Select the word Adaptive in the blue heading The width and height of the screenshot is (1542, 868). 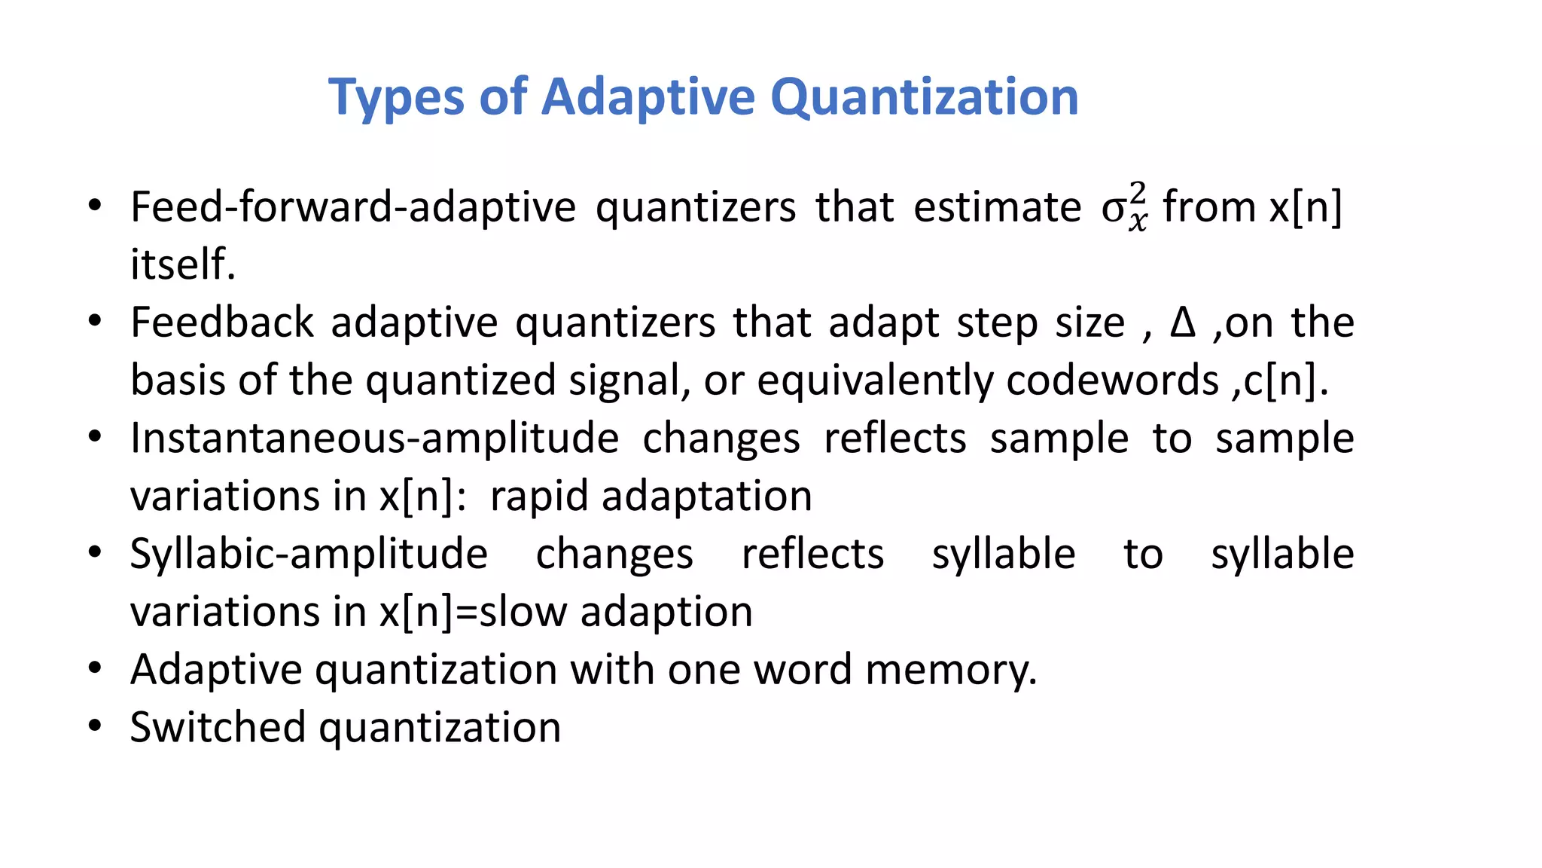[648, 98]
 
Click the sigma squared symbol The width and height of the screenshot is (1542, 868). [1124, 206]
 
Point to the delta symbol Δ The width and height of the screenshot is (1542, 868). [1183, 322]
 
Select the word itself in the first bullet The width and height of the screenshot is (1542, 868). [183, 264]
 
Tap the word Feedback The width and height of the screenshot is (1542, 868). [222, 322]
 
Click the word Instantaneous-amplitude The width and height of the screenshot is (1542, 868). [374, 438]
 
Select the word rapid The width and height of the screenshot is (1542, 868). [538, 496]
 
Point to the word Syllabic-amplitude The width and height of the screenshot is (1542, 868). [309, 554]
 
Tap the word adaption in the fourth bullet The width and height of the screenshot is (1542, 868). [666, 611]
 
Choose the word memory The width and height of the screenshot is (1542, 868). [951, 669]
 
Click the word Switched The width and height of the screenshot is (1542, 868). [217, 727]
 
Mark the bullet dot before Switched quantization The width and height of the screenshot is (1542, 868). [94, 726]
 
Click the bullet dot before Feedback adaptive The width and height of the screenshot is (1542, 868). [94, 321]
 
